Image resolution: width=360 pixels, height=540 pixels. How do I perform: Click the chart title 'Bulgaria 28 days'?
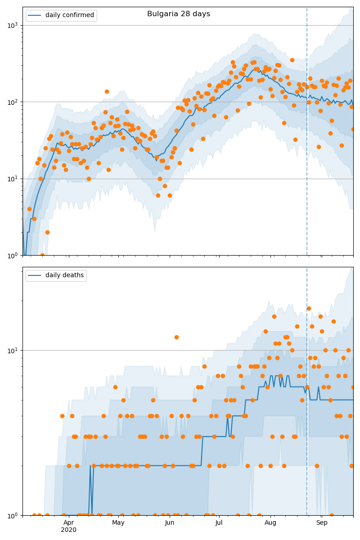point(179,14)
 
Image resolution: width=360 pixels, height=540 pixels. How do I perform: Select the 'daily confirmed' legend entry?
point(68,15)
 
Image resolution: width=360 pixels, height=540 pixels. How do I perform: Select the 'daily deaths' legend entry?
point(64,275)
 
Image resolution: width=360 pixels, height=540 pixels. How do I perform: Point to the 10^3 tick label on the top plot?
point(13,25)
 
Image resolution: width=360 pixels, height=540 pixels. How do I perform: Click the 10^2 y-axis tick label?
point(13,102)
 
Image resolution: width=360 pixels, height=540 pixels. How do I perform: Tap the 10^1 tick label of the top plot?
point(13,179)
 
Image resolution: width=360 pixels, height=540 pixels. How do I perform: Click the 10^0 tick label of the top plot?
point(13,255)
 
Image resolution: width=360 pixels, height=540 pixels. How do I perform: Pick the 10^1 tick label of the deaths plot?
point(13,351)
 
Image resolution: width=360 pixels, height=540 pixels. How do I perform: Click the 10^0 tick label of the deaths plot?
point(13,515)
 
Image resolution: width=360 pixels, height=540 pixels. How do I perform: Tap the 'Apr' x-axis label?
point(68,522)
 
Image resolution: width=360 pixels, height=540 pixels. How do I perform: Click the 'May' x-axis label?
point(118,522)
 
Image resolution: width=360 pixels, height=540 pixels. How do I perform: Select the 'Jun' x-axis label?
point(170,522)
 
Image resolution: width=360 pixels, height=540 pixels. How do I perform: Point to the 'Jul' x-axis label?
point(219,522)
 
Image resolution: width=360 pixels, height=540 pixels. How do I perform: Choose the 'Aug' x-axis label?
point(270,522)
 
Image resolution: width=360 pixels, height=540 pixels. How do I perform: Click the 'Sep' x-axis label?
point(322,522)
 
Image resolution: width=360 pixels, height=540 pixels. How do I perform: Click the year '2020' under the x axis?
point(68,530)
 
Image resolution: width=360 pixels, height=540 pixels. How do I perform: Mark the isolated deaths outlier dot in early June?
point(176,337)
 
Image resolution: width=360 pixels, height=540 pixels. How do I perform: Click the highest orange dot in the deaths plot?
point(309,308)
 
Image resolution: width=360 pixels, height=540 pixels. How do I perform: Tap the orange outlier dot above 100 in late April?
point(107,91)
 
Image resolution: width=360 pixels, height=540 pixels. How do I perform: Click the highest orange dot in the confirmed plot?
point(292,60)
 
